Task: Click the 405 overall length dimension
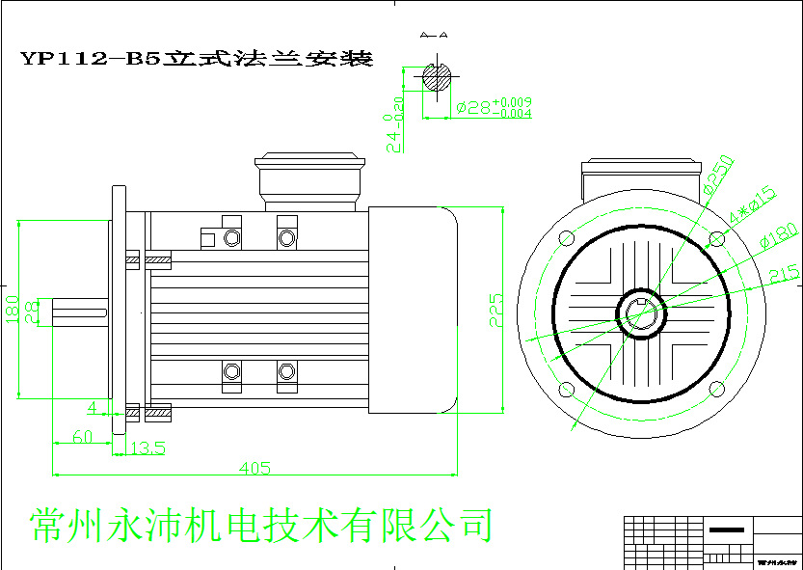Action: [x=254, y=468]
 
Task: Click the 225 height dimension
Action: [x=495, y=311]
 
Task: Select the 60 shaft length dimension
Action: [x=83, y=436]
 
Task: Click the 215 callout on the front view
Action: [x=784, y=275]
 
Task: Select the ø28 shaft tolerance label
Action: [x=494, y=107]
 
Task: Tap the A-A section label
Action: [x=435, y=35]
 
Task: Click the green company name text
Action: [x=261, y=526]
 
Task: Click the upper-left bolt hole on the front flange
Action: [x=567, y=238]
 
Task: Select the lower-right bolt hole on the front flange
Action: [x=716, y=389]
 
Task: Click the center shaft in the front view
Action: [x=641, y=313]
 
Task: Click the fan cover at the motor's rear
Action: [x=411, y=309]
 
